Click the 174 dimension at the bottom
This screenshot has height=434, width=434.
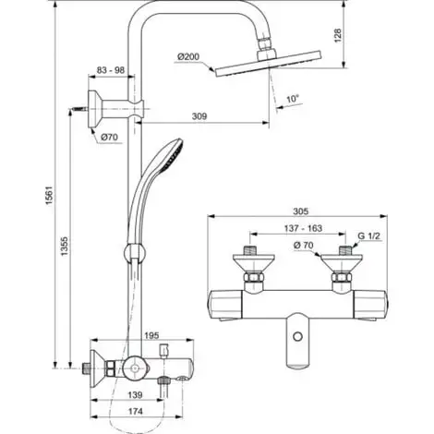[x=137, y=412]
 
